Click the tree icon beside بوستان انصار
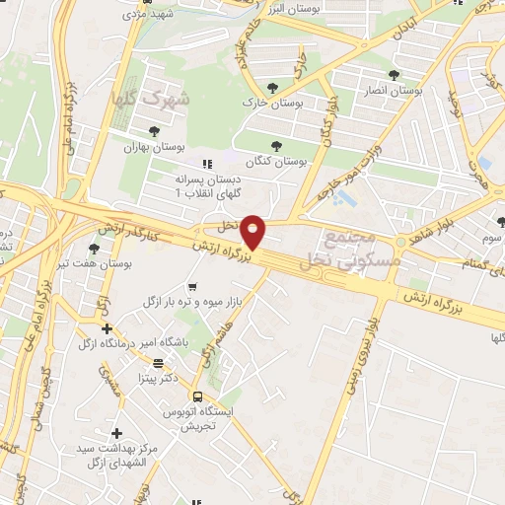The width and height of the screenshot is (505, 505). pos(394,74)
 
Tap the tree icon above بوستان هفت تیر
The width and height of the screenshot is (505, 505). pos(94,249)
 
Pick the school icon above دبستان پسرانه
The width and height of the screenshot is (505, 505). pos(206,165)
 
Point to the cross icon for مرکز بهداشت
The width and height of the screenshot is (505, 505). pos(116,432)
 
